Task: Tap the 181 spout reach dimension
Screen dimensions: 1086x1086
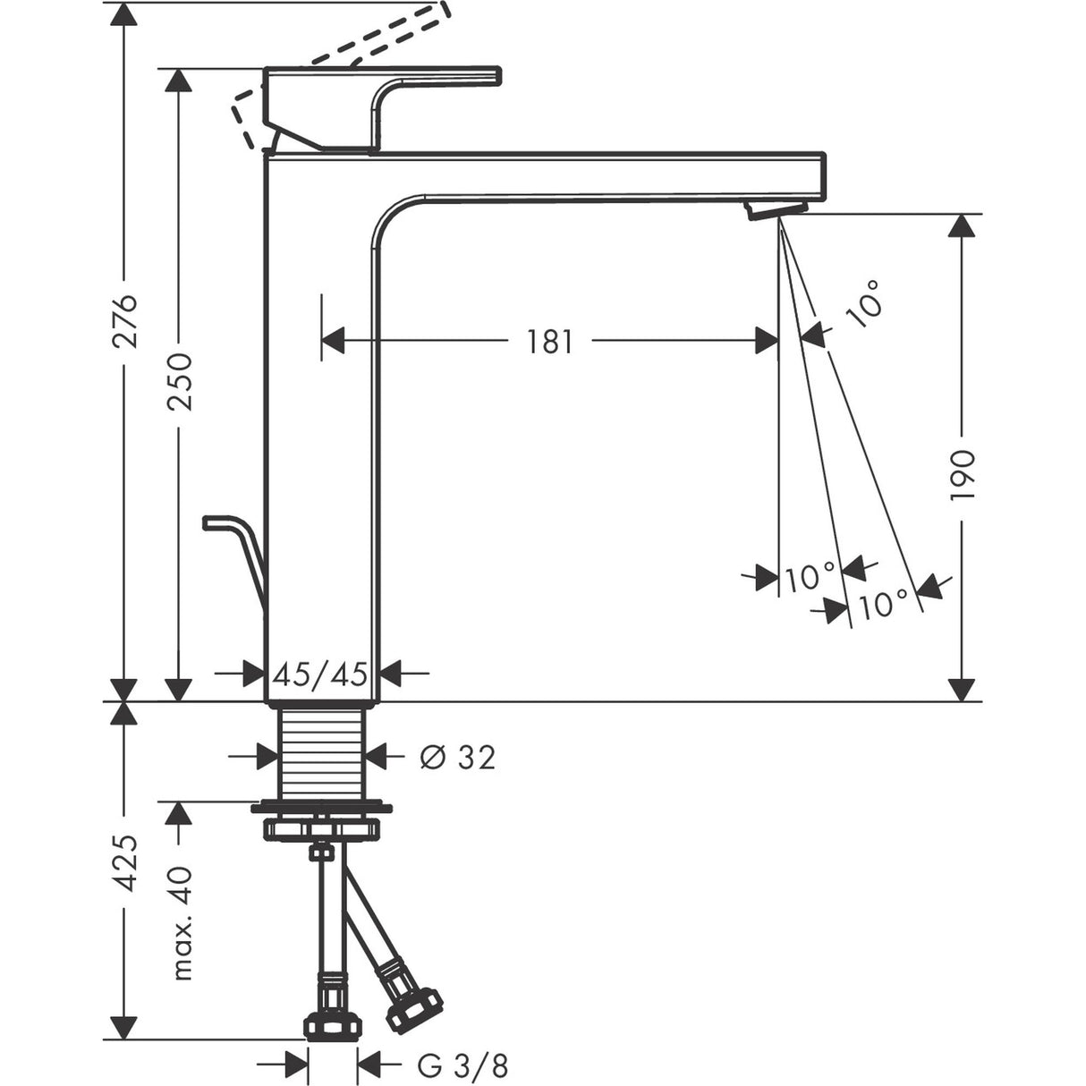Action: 548,341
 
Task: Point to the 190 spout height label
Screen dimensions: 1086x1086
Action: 963,474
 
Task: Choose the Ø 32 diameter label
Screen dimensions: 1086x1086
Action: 456,757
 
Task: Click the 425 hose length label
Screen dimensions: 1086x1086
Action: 127,862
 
